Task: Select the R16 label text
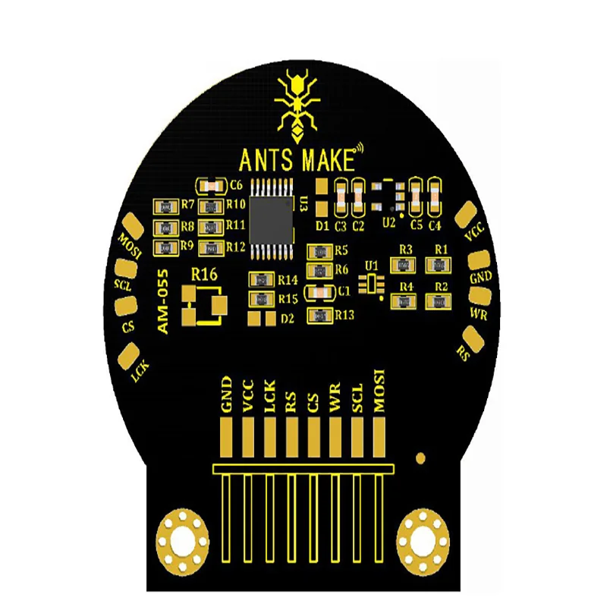point(204,275)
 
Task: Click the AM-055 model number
point(163,301)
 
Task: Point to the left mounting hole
point(182,541)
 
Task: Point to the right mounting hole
point(423,542)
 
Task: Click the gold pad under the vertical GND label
point(226,437)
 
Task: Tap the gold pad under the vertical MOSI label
point(379,437)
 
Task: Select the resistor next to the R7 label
point(165,207)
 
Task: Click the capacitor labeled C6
point(211,187)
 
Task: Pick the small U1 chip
point(372,283)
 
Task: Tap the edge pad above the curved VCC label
point(466,215)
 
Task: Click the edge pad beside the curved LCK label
point(129,356)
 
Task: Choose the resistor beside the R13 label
point(319,316)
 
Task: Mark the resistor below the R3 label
point(404,265)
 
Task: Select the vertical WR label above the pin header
point(335,396)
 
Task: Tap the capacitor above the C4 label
point(435,197)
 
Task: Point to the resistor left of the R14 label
point(262,279)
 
